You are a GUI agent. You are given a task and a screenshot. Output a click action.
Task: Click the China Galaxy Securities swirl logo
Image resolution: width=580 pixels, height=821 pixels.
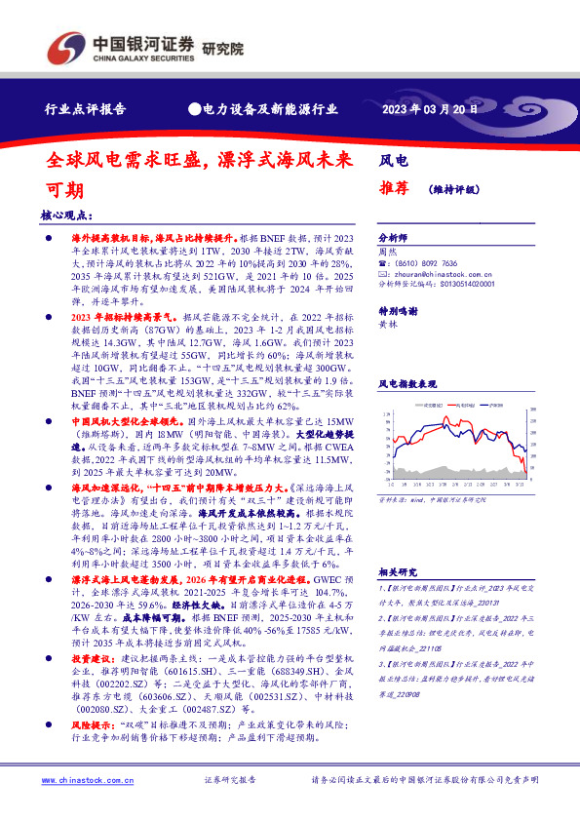[x=65, y=45]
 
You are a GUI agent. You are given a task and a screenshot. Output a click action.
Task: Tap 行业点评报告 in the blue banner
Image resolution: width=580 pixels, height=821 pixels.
[x=86, y=110]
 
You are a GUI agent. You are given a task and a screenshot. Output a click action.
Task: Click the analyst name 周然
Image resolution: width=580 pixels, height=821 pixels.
[x=387, y=251]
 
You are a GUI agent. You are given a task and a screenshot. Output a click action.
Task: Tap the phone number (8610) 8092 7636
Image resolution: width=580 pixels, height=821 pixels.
[x=428, y=263]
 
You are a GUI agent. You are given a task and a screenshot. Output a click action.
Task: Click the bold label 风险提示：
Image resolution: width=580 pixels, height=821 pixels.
[x=94, y=725]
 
